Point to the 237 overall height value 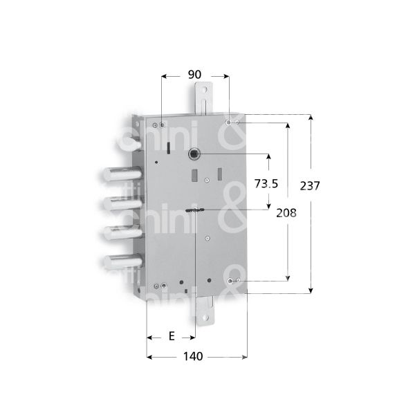pyautogui.click(x=314, y=185)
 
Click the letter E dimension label pyautogui.click(x=171, y=337)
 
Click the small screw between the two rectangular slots pyautogui.click(x=206, y=180)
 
